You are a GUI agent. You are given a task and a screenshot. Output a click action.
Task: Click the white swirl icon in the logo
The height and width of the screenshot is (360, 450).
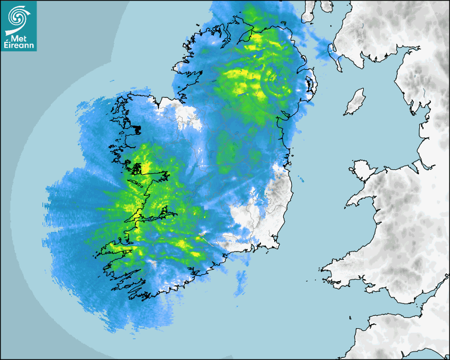(x=17, y=16)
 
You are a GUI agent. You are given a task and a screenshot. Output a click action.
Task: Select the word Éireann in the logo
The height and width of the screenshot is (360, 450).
(x=19, y=45)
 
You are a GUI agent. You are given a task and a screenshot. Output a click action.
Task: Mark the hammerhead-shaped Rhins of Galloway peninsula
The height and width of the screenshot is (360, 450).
(x=335, y=52)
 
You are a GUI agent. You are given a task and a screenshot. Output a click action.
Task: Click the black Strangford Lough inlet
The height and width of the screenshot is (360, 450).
(x=310, y=85)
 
